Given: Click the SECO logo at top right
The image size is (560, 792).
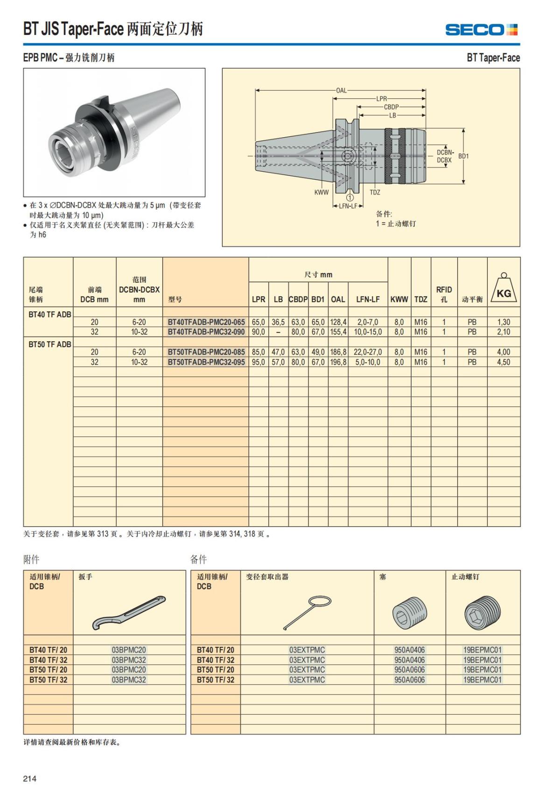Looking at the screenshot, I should point(481,30).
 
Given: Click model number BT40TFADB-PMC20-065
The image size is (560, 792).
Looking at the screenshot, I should point(206,322).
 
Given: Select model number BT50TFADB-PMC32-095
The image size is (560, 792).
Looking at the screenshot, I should point(206,362).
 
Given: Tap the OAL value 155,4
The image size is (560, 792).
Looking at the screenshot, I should point(338,332).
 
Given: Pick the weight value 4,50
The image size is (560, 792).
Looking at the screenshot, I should point(504,362).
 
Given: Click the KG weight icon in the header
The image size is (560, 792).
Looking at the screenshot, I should point(504,289).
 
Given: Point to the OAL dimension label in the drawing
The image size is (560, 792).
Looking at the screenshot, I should point(341,91).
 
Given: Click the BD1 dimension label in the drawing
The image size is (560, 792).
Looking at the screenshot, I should point(463,156).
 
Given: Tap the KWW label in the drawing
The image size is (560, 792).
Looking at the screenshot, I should point(321,192).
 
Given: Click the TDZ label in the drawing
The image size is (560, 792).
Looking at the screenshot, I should point(375,192).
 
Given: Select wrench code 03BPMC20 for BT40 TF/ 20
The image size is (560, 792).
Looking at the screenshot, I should point(129,650).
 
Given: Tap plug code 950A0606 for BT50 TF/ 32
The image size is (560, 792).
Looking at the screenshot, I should point(409,680).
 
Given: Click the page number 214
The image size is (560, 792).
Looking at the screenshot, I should point(30,778).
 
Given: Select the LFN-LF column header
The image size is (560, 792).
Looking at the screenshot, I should point(368,299).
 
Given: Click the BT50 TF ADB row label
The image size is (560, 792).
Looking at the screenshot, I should point(50,344).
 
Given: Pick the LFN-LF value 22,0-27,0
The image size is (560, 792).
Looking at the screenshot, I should point(368,352).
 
